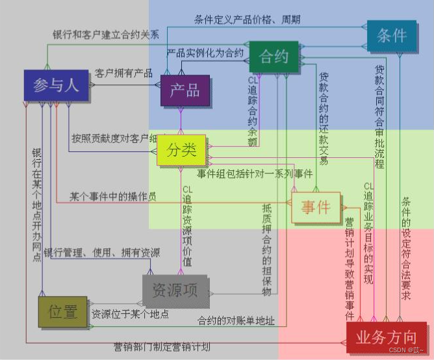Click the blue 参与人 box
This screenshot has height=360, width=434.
55,85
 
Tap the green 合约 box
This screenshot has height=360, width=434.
274,57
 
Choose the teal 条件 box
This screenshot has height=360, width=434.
391,35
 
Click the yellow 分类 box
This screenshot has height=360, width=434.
181,150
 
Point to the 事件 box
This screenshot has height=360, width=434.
315,208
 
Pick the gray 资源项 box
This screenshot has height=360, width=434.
175,290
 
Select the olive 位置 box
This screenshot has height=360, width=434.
62,313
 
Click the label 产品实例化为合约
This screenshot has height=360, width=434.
205,52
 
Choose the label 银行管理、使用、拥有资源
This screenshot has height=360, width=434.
101,252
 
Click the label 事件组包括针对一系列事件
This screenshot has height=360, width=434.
255,174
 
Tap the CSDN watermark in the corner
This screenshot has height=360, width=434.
408,350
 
